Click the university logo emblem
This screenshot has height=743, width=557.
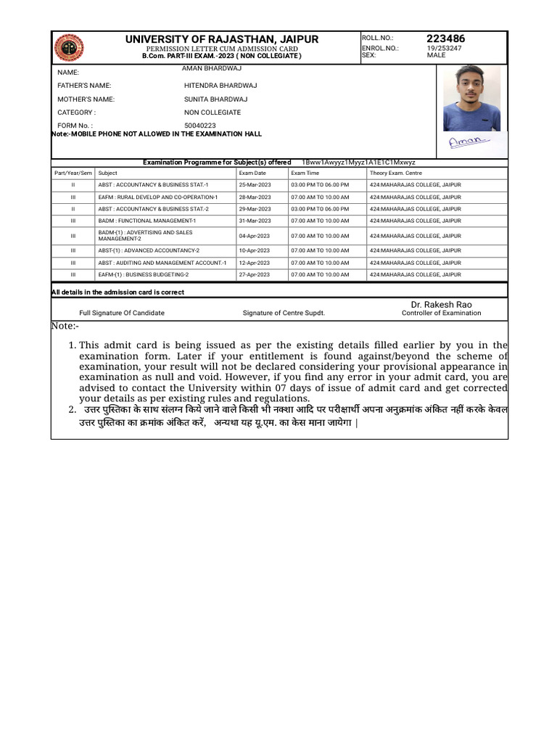[x=69, y=48]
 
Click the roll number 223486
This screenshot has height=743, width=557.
[x=446, y=38]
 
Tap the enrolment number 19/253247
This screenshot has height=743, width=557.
[x=444, y=48]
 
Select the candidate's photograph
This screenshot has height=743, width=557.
[x=471, y=99]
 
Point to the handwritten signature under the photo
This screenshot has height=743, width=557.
[x=469, y=142]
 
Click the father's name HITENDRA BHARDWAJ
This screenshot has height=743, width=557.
[x=220, y=86]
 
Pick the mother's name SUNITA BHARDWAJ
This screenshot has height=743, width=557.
[x=215, y=99]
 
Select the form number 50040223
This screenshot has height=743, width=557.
[x=200, y=126]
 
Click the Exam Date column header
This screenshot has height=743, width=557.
[x=252, y=173]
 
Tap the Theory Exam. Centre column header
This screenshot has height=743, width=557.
[x=395, y=173]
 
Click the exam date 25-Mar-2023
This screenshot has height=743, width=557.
[x=255, y=185]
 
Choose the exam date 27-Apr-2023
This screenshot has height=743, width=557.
[x=255, y=275]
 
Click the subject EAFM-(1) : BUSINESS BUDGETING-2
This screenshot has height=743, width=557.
[x=144, y=275]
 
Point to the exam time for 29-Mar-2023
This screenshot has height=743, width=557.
[x=320, y=208]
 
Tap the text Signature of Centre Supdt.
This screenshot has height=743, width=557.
[x=284, y=313]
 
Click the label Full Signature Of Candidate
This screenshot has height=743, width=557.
[x=122, y=313]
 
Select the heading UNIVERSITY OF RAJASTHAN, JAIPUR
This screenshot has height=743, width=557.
[x=221, y=39]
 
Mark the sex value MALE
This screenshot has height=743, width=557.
[x=437, y=55]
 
